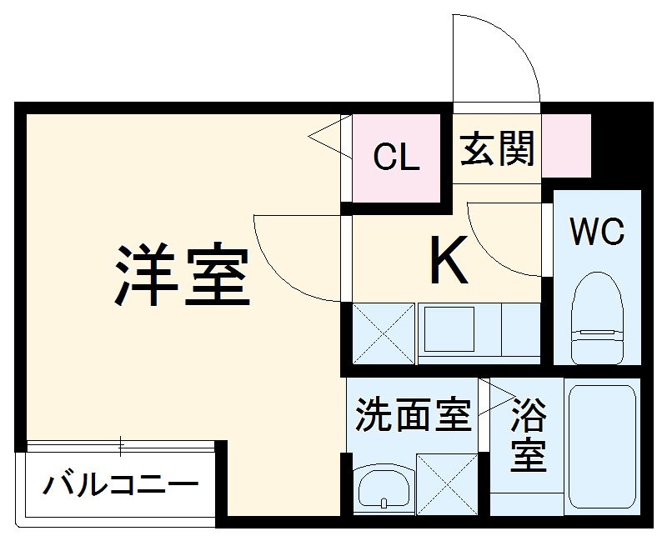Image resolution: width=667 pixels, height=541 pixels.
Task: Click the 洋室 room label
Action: pyautogui.click(x=183, y=276)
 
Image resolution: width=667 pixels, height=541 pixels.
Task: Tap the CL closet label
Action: pyautogui.click(x=396, y=157)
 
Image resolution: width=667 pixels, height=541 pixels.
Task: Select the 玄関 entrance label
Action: pyautogui.click(x=498, y=149)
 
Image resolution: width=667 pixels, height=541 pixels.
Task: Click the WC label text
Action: pyautogui.click(x=597, y=233)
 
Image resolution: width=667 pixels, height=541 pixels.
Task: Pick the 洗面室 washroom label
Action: pyautogui.click(x=414, y=414)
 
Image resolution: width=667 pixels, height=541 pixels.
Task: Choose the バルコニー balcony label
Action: pyautogui.click(x=122, y=483)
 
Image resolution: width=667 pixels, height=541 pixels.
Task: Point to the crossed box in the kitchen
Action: pyautogui.click(x=383, y=333)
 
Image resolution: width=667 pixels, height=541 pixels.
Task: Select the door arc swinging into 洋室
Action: pyautogui.click(x=292, y=254)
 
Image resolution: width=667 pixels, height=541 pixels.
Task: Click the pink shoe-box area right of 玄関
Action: pyautogui.click(x=568, y=146)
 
